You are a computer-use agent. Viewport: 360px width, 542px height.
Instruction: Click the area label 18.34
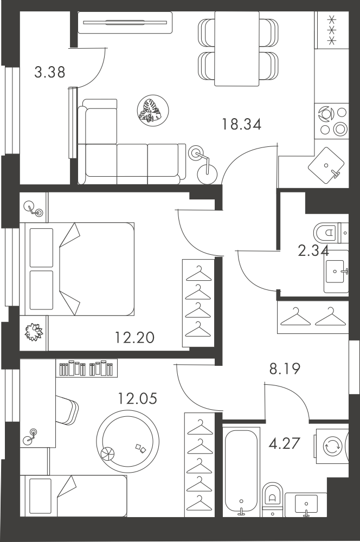[241, 124]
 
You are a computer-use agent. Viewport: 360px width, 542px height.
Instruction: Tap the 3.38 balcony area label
[50, 72]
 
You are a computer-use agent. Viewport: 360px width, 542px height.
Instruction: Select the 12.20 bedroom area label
[134, 337]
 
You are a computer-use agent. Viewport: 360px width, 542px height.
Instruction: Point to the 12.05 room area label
[137, 398]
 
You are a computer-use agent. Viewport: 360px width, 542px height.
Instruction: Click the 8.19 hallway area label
[285, 369]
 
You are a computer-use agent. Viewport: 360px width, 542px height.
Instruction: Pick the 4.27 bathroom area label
[284, 443]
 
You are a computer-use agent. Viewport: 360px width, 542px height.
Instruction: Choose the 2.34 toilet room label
[313, 250]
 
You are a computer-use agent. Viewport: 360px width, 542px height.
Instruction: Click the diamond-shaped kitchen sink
[326, 165]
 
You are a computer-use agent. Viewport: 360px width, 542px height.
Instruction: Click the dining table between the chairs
[237, 48]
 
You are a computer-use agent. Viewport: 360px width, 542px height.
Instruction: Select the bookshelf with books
[86, 368]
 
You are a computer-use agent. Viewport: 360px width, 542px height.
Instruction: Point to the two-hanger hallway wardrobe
[313, 317]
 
